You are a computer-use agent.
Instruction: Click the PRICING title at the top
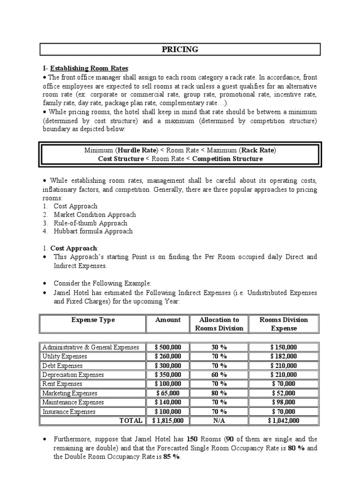180,50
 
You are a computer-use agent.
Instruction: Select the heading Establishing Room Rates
87,68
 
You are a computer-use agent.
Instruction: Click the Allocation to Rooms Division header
219,324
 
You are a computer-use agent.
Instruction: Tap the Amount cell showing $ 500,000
171,347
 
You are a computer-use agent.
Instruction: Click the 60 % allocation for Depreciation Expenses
219,375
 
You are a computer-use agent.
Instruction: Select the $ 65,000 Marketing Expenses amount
171,393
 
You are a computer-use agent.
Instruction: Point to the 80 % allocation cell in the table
219,393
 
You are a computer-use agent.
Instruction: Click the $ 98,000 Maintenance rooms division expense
284,402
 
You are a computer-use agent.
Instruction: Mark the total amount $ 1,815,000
171,421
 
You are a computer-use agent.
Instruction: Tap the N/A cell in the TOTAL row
219,421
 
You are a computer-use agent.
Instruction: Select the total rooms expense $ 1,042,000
284,421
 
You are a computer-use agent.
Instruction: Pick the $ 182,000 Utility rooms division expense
284,357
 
